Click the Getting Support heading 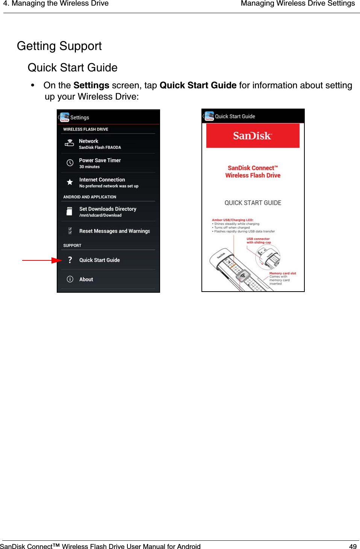click(x=59, y=46)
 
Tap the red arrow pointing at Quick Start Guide click(x=42, y=260)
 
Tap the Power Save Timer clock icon click(x=70, y=163)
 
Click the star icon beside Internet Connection click(x=70, y=182)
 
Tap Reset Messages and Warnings click(x=114, y=231)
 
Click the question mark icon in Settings click(x=70, y=260)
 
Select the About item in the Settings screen click(x=86, y=279)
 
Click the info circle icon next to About click(x=70, y=279)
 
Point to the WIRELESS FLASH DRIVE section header click(x=86, y=129)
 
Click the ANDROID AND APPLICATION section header click(x=90, y=197)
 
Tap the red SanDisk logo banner click(x=253, y=136)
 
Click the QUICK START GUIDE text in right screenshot click(x=253, y=203)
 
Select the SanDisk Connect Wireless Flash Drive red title click(x=253, y=172)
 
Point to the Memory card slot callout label click(x=283, y=273)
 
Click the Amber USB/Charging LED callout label click(x=233, y=220)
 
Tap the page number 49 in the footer click(x=352, y=546)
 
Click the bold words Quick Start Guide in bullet click(x=198, y=85)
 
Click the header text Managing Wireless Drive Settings click(x=298, y=4)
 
